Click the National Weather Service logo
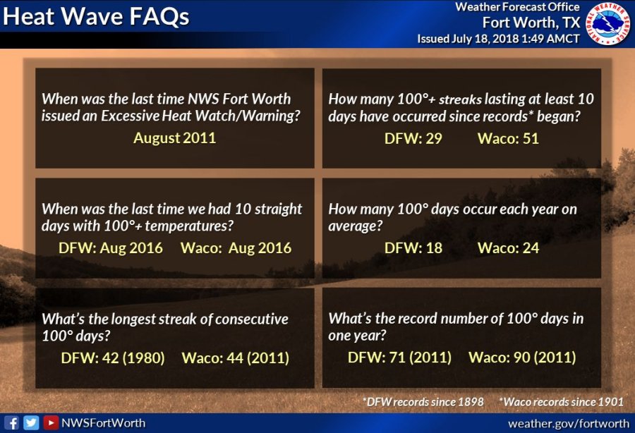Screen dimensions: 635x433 coord(608,23)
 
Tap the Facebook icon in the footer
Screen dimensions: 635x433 coord(12,423)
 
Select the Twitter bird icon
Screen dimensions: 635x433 coord(31,423)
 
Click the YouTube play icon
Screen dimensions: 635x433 coord(51,423)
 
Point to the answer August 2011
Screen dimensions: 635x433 coord(174,138)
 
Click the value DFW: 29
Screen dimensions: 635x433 coord(413,139)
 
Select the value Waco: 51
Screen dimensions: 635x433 coord(508,139)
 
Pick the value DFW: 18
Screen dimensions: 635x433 coord(413,248)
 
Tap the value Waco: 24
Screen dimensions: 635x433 coord(508,248)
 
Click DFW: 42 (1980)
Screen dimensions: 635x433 coord(113,358)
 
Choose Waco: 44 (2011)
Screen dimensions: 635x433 coord(235,358)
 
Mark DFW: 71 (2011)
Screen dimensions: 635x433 coord(399,358)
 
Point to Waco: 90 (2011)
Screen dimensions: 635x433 coord(522,358)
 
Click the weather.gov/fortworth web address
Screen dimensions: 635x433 coord(569,424)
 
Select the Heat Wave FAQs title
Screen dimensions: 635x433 coord(96,17)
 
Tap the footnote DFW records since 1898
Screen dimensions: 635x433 coord(423,402)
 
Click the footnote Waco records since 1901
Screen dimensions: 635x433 coord(562,402)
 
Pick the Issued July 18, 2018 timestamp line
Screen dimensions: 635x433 coord(499,39)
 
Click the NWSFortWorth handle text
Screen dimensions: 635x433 coord(103,423)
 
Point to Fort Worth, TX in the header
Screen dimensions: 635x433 coord(531,23)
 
